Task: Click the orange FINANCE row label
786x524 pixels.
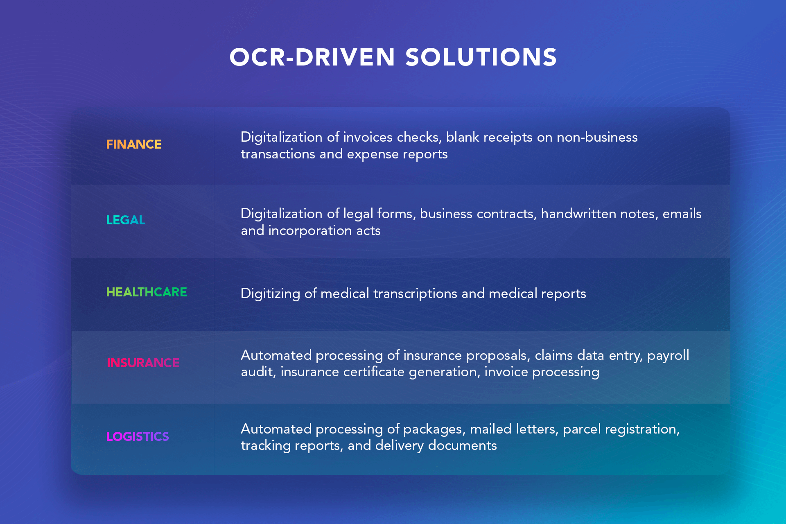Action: [134, 144]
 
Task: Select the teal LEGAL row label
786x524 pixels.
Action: [126, 220]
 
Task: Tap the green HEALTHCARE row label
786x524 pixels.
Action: [147, 292]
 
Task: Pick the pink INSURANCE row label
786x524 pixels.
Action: [143, 363]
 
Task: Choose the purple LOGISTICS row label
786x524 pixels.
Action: [138, 436]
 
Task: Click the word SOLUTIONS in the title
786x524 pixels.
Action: [481, 57]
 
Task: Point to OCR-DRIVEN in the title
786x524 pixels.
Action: [312, 57]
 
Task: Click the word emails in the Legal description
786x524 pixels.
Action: [682, 214]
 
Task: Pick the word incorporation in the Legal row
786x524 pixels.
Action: [310, 231]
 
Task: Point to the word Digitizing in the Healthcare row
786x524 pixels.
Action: [271, 294]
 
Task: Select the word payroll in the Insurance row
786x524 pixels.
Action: [668, 356]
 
